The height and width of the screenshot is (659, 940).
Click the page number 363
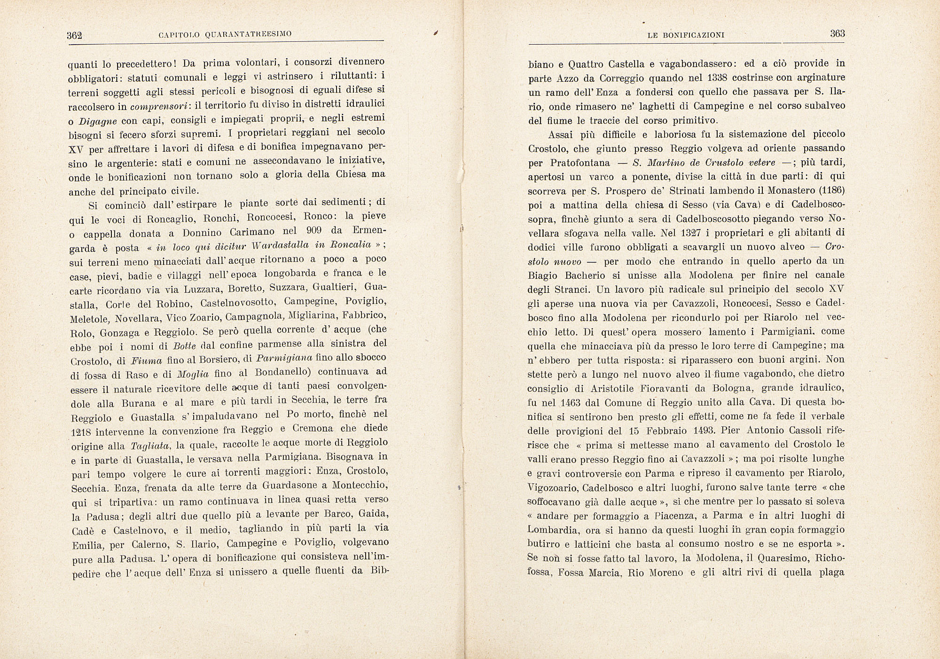838,33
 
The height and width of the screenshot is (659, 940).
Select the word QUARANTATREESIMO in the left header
248,34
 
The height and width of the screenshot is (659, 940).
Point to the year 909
313,231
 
